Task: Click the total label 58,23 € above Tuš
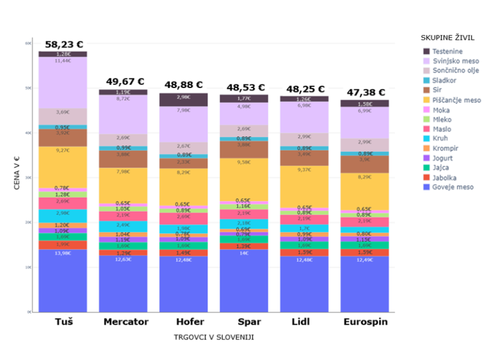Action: [64, 44]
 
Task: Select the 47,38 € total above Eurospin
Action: [365, 92]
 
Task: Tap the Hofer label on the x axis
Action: [190, 322]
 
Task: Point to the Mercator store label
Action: [126, 322]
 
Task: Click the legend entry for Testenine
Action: [446, 51]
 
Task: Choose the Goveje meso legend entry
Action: [452, 187]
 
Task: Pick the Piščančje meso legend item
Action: [456, 100]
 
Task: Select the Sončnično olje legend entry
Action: [455, 71]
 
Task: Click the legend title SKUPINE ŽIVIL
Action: [447, 38]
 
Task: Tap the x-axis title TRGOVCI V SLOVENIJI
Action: [214, 338]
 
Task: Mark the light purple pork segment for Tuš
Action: [63, 83]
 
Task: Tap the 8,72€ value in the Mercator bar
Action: [123, 99]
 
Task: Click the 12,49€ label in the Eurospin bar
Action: [364, 260]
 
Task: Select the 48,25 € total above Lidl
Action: [305, 89]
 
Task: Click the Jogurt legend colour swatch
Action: [427, 158]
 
